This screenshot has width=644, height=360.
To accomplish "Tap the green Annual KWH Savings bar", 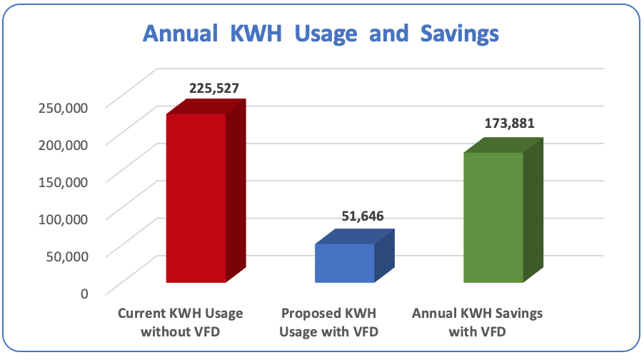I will click(x=494, y=217).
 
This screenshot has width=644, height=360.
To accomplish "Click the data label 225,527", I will click(x=213, y=89).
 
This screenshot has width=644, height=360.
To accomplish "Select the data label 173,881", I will click(x=509, y=123).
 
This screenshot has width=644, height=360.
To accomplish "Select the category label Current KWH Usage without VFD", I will click(x=181, y=322).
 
